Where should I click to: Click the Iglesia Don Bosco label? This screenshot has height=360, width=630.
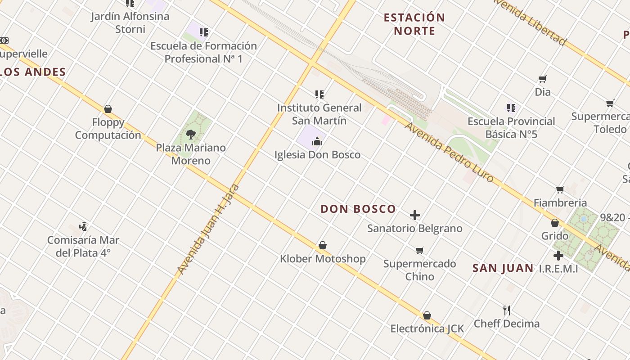pyautogui.click(x=317, y=155)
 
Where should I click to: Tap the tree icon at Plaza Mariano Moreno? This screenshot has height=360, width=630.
pyautogui.click(x=191, y=134)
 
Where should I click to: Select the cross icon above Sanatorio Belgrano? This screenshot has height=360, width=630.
pyautogui.click(x=415, y=215)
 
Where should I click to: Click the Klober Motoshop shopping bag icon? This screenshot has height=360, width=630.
pyautogui.click(x=323, y=245)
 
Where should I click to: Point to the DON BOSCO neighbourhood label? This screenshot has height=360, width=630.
pyautogui.click(x=358, y=209)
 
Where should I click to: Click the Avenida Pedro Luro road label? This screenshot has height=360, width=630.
pyautogui.click(x=449, y=152)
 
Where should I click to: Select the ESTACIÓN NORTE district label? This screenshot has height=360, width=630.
pyautogui.click(x=414, y=24)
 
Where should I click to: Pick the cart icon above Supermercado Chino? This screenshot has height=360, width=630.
pyautogui.click(x=420, y=250)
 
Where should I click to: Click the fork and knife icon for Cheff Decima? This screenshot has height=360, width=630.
pyautogui.click(x=507, y=310)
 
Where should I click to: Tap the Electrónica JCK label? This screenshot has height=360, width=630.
pyautogui.click(x=427, y=328)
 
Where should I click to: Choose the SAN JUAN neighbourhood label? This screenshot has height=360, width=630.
pyautogui.click(x=503, y=268)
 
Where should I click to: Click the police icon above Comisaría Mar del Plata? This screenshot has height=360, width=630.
pyautogui.click(x=83, y=226)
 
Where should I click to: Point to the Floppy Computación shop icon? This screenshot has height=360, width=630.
pyautogui.click(x=108, y=109)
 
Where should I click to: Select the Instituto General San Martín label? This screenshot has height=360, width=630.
pyautogui.click(x=319, y=114)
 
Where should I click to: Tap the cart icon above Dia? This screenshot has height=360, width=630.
pyautogui.click(x=543, y=79)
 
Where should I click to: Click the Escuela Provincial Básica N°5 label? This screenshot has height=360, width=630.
pyautogui.click(x=511, y=128)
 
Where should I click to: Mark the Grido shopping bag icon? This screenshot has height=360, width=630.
pyautogui.click(x=555, y=223)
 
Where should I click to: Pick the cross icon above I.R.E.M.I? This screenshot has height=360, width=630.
pyautogui.click(x=558, y=256)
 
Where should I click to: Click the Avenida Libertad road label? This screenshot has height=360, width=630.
pyautogui.click(x=530, y=22)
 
